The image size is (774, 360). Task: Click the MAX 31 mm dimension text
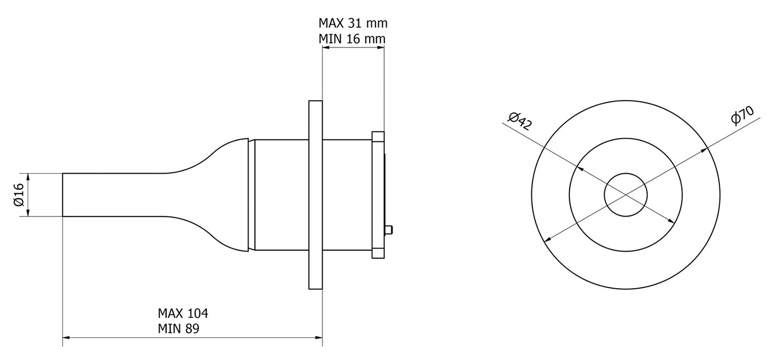point(352,23)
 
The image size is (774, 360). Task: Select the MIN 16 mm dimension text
point(352,39)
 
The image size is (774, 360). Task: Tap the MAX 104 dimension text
point(183,313)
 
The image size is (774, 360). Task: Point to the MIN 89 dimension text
point(178,328)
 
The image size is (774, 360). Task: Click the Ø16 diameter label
point(18,194)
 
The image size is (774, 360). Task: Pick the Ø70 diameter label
point(742,116)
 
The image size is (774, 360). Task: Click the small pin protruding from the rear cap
point(390,230)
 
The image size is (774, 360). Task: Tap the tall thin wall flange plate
point(315,195)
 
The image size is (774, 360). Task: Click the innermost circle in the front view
point(626,194)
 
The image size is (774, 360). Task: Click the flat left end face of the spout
point(63,194)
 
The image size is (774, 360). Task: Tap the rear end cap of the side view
point(378,195)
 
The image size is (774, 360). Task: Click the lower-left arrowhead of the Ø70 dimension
point(546,239)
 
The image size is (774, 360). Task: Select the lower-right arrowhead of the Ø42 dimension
point(671,221)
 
